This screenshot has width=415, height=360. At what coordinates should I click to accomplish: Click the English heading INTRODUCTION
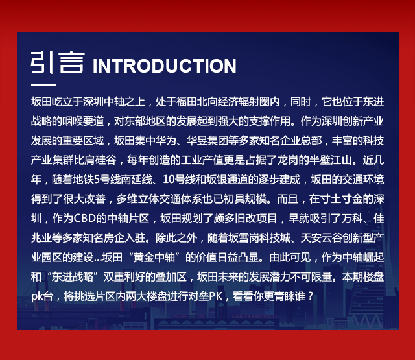pyautogui.click(x=164, y=66)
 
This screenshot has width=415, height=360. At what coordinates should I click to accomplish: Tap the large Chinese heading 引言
pyautogui.click(x=58, y=62)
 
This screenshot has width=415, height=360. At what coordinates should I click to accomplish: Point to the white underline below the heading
pyautogui.click(x=43, y=85)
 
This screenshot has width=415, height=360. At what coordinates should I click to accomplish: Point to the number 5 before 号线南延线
pyautogui.click(x=97, y=180)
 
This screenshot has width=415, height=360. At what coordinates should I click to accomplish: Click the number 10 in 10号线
pyautogui.click(x=168, y=180)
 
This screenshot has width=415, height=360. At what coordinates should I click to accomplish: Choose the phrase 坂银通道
pyautogui.click(x=227, y=180)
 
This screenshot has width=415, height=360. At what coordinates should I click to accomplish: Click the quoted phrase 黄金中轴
pyautogui.click(x=154, y=258)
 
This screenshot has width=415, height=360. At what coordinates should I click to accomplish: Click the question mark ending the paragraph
pyautogui.click(x=311, y=296)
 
